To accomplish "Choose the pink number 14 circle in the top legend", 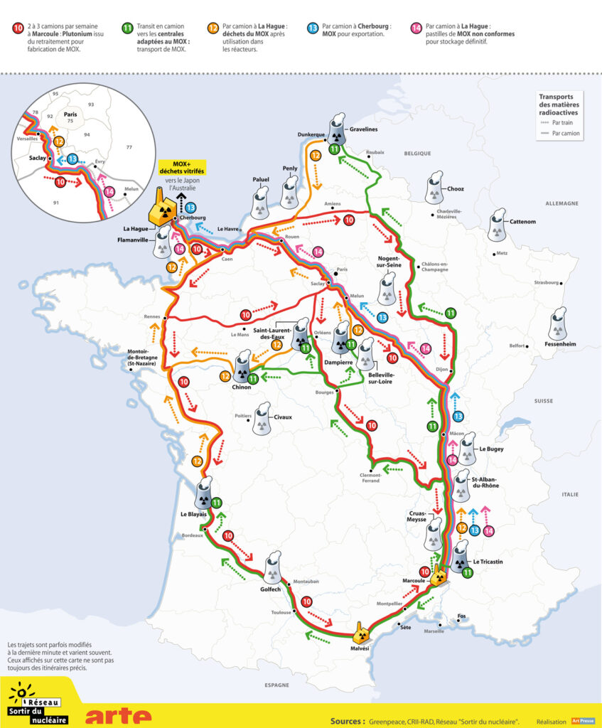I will [x=416, y=28].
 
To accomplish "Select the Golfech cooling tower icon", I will [x=274, y=568].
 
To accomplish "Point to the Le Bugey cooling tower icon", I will [x=467, y=447].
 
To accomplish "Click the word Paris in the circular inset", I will [x=70, y=113].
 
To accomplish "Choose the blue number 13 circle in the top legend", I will [x=313, y=28].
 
